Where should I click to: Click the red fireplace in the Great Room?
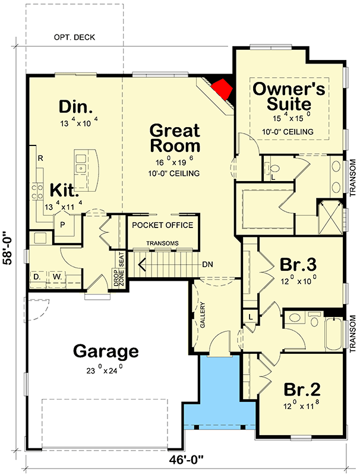pyautogui.click(x=222, y=90)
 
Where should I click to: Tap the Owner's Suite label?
pyautogui.click(x=289, y=97)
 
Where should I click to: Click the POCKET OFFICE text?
pyautogui.click(x=162, y=225)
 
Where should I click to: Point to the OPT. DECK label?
pyautogui.click(x=74, y=37)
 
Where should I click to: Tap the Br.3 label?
pyautogui.click(x=298, y=264)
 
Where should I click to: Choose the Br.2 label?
pyautogui.click(x=302, y=390)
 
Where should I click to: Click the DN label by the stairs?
pyautogui.click(x=207, y=264)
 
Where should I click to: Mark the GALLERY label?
pyautogui.click(x=203, y=315)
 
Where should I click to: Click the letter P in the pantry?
pyautogui.click(x=62, y=225)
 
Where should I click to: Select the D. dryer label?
pyautogui.click(x=37, y=276)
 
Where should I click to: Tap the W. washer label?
pyautogui.click(x=58, y=276)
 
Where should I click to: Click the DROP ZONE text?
pyautogui.click(x=117, y=279)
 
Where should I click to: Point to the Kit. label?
pyautogui.click(x=62, y=190)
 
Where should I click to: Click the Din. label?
pyautogui.click(x=75, y=107)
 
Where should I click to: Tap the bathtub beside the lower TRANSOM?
pyautogui.click(x=334, y=333)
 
